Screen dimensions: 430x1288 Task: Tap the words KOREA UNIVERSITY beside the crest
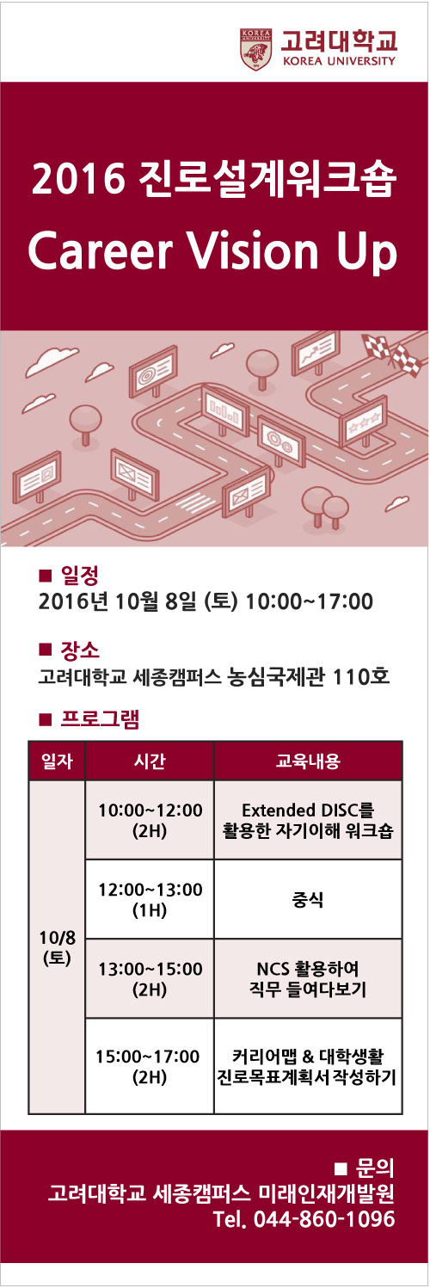pyautogui.click(x=339, y=61)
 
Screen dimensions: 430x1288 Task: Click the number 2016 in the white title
pyautogui.click(x=79, y=179)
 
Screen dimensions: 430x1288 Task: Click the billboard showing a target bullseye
pyautogui.click(x=152, y=372)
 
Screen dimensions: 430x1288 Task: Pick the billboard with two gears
pyautogui.click(x=281, y=440)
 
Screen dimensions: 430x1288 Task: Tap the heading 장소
pyautogui.click(x=80, y=650)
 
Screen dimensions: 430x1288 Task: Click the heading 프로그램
pyautogui.click(x=100, y=719)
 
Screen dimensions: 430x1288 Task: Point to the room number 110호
pyautogui.click(x=361, y=675)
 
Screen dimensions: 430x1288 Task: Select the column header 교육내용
pyautogui.click(x=308, y=761)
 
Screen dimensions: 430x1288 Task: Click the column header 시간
pyautogui.click(x=150, y=761)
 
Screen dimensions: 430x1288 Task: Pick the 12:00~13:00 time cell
pyautogui.click(x=150, y=899)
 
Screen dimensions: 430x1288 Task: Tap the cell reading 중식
pyautogui.click(x=308, y=899)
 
